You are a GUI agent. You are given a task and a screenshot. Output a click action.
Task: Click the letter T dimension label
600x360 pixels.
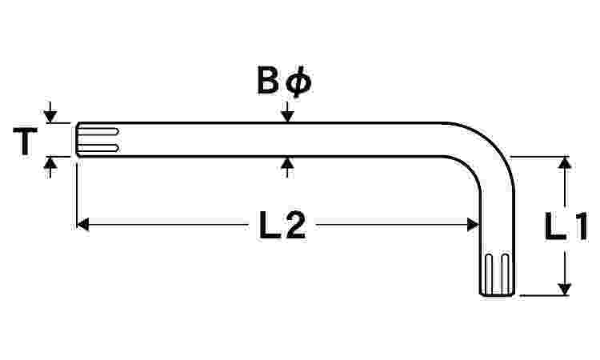pos(26,141)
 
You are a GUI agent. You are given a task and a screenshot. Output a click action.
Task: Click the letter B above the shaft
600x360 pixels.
pos(268,80)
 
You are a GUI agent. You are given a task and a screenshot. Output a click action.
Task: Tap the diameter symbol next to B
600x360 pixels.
pos(298,82)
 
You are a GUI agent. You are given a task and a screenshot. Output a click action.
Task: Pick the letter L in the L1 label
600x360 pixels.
pos(555,226)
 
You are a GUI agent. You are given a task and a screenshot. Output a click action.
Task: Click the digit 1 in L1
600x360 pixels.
pos(581,226)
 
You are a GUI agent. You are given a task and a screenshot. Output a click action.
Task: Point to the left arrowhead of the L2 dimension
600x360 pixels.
pos(82,225)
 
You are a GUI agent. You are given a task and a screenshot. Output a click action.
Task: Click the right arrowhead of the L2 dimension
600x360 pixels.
pos(474,225)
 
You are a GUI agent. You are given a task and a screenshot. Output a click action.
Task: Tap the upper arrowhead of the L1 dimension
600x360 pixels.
pos(565,162)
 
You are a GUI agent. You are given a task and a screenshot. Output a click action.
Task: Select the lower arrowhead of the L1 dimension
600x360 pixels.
pos(565,290)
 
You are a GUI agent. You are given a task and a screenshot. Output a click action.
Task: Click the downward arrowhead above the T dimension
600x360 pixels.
pos(50,116)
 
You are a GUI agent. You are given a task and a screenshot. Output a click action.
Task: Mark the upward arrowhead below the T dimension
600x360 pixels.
pos(50,162)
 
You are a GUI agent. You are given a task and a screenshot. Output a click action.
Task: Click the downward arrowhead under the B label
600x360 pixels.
pos(287,116)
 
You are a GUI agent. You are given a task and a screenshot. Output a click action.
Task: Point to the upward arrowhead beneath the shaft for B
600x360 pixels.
pos(287,162)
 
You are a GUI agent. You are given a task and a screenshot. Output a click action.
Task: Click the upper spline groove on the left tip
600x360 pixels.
pos(98,132)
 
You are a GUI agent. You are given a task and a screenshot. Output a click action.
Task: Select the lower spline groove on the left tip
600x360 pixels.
pos(98,149)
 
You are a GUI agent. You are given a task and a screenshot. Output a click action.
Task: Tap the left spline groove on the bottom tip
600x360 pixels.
pos(489,274)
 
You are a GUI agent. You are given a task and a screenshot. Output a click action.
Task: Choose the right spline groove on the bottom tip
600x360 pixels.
pos(506,274)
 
